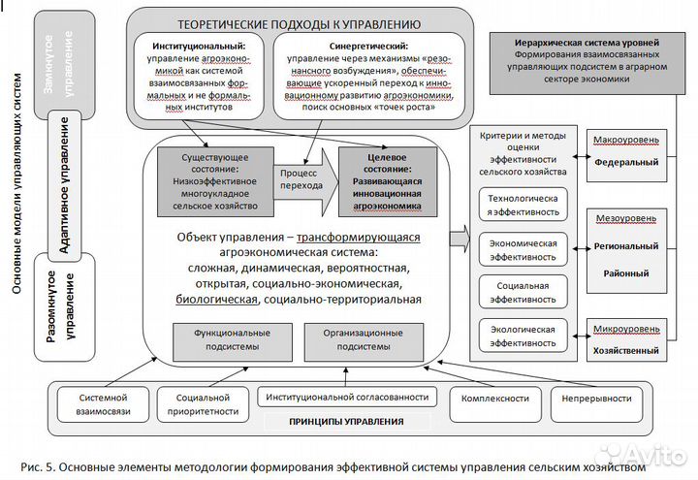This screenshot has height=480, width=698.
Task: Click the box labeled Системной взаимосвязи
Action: [105, 404]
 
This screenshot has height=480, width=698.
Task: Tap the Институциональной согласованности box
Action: [343, 397]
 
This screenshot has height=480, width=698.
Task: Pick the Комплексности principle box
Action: [494, 399]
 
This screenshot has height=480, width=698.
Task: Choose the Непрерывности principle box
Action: [596, 399]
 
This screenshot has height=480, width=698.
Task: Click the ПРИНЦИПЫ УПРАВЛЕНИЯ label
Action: [347, 421]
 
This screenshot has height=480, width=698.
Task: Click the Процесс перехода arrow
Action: [303, 177]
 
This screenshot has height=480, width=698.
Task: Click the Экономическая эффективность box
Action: [523, 250]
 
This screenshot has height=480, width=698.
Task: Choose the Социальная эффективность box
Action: [523, 293]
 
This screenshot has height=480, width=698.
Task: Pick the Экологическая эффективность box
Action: [523, 336]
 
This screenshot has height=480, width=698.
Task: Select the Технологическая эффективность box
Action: [523, 206]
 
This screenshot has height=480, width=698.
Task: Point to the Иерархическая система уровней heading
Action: [587, 44]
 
